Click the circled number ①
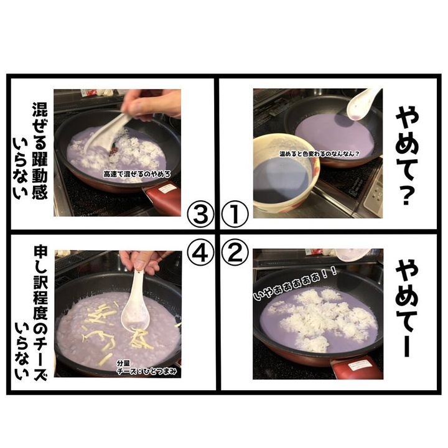[x=235, y=214]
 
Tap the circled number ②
[x=235, y=252]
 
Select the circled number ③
[x=200, y=214]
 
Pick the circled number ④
[x=200, y=252]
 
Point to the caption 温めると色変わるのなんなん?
[x=319, y=154]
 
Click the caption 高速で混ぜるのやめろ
[x=137, y=174]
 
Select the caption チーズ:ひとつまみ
[x=147, y=371]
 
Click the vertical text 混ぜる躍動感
[x=40, y=151]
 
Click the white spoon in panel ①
[x=363, y=105]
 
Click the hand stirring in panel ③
[x=151, y=104]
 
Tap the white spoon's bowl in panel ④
[x=135, y=317]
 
